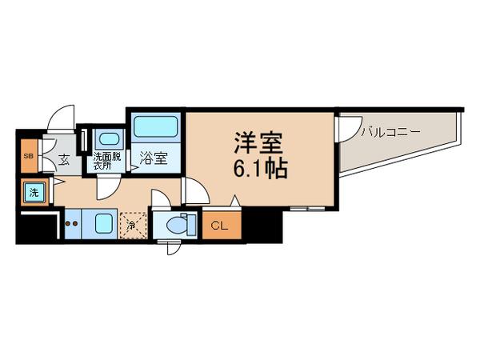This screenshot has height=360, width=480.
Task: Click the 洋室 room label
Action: (x=258, y=145)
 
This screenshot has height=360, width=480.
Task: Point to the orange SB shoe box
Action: (x=28, y=156)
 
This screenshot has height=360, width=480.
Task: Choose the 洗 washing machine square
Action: (x=34, y=192)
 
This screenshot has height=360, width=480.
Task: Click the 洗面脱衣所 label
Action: (x=106, y=162)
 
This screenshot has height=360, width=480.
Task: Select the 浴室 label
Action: (x=154, y=158)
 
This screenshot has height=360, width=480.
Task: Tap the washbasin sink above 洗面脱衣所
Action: (x=106, y=138)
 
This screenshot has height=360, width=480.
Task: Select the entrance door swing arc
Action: (x=60, y=120)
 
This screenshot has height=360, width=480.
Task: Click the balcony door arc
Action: (x=349, y=126)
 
